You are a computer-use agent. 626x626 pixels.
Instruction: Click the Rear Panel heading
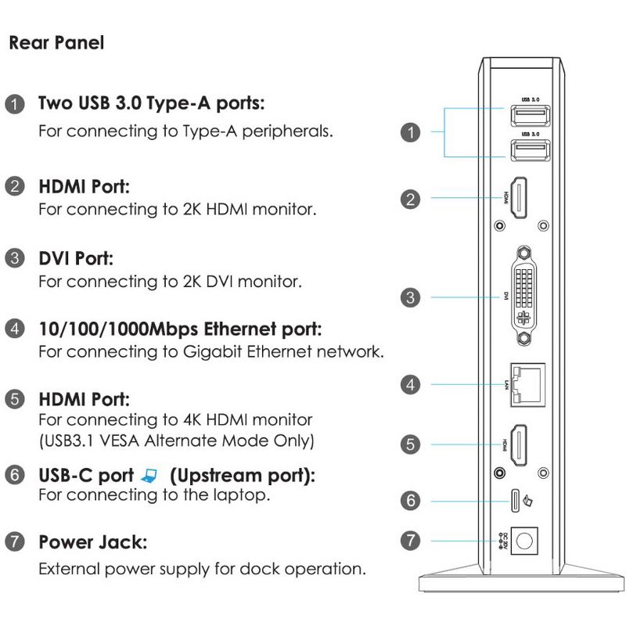[56, 43]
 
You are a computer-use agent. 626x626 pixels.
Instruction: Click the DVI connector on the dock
[524, 297]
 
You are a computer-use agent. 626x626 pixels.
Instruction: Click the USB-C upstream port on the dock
[516, 499]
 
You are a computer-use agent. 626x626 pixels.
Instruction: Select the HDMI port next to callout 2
[518, 198]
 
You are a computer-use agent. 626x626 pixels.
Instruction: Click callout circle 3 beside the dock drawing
[410, 297]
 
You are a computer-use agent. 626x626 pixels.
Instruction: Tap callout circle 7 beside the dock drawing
[410, 541]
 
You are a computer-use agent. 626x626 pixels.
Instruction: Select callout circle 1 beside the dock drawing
[410, 132]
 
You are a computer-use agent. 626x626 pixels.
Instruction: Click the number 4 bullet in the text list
[15, 328]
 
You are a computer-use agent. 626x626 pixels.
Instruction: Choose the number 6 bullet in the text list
[15, 476]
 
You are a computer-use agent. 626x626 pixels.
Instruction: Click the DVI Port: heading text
[77, 258]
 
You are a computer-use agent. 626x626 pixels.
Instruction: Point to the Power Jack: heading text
[92, 541]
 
